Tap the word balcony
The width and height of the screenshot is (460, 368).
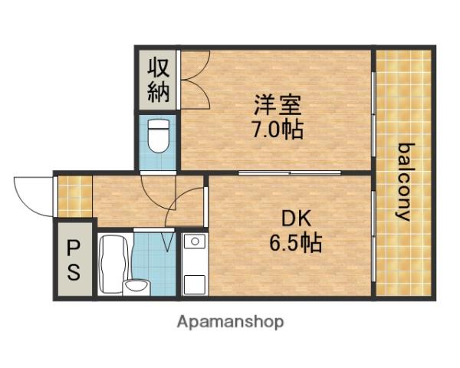(x=404, y=182)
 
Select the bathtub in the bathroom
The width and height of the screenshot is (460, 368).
(x=114, y=264)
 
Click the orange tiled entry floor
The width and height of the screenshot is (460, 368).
(x=74, y=196)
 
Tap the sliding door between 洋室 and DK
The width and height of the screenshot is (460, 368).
(x=290, y=173)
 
